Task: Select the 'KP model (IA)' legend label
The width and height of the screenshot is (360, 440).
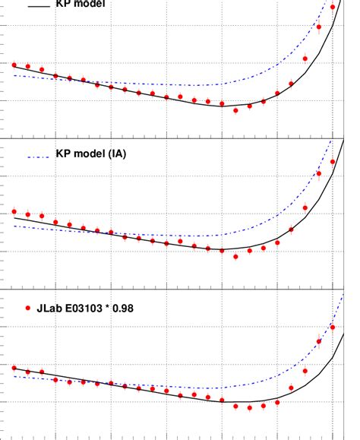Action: click(x=91, y=154)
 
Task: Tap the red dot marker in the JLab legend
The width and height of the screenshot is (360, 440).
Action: click(x=29, y=309)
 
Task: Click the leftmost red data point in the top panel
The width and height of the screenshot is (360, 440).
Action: click(x=14, y=65)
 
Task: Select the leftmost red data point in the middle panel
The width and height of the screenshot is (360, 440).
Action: click(x=14, y=211)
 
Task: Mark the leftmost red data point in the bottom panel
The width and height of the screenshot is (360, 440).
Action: click(x=14, y=367)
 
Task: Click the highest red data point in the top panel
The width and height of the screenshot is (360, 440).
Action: click(x=333, y=7)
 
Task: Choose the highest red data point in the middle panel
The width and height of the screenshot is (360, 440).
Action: click(x=333, y=161)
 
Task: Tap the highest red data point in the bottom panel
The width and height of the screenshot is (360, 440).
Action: click(x=333, y=327)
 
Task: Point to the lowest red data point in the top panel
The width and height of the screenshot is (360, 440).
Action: click(x=235, y=110)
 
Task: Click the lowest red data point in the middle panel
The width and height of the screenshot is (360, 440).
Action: click(x=235, y=256)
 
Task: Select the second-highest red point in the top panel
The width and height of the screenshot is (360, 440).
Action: click(x=319, y=27)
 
